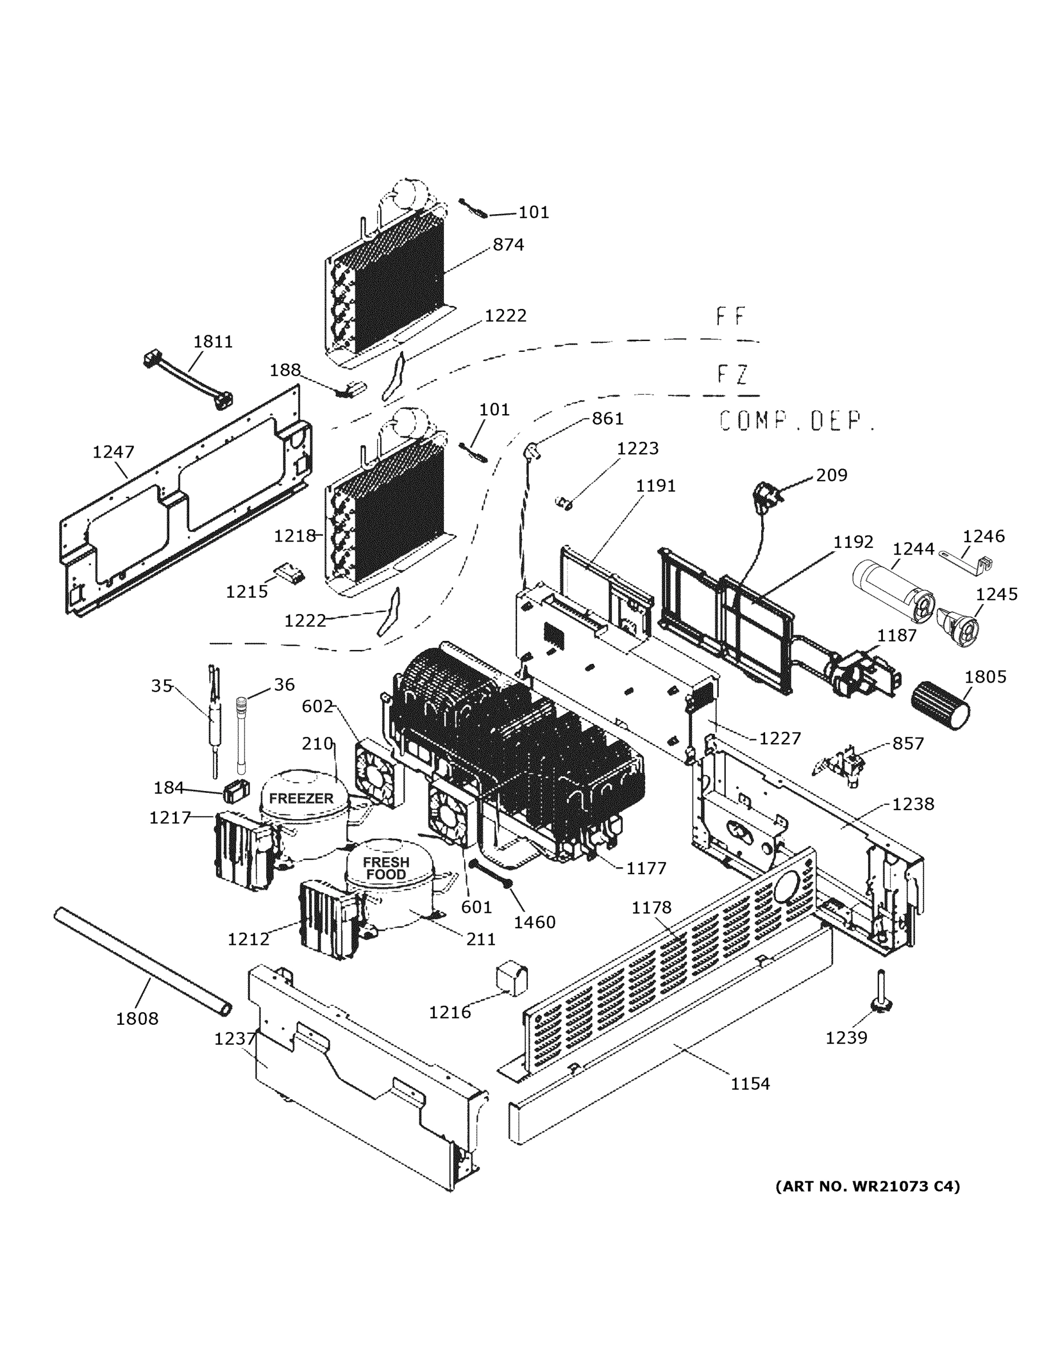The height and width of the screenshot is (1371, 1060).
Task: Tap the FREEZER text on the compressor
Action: [x=301, y=799]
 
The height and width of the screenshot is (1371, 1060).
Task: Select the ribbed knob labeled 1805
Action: [x=940, y=705]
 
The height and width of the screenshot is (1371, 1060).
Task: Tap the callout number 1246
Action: [x=983, y=536]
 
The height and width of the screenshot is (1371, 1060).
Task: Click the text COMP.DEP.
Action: [x=796, y=420]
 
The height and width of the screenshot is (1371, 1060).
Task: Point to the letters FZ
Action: [x=732, y=375]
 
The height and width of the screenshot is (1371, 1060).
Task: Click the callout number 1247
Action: [x=113, y=451]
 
